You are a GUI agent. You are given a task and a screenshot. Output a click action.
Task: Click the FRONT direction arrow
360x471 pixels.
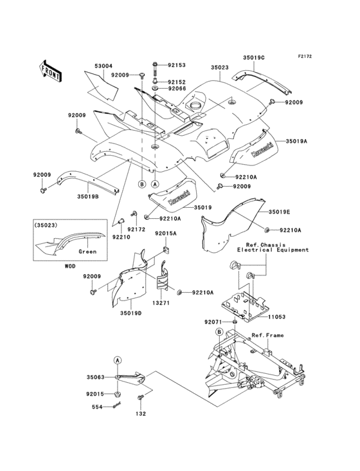(50, 71)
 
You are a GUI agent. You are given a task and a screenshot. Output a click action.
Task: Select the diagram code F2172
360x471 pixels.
(305, 56)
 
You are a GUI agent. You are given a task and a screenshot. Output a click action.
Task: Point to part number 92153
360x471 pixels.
(177, 65)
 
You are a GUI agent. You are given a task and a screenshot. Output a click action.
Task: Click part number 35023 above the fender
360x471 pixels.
(219, 68)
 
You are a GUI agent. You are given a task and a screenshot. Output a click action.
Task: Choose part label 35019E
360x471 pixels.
(279, 212)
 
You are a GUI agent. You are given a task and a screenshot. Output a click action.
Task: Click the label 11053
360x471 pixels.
(276, 317)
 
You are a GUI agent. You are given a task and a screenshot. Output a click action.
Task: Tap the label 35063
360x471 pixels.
(96, 377)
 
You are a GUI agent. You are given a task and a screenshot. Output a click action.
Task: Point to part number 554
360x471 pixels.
(97, 407)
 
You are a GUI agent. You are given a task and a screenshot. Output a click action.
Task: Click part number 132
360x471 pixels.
(140, 414)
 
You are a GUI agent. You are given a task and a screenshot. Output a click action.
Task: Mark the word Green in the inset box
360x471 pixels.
(87, 252)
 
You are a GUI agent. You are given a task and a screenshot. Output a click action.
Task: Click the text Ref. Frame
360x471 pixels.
(267, 335)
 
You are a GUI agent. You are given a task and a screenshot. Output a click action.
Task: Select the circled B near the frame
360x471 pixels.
(220, 332)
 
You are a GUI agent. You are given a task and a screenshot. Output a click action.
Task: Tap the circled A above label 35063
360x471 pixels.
(118, 360)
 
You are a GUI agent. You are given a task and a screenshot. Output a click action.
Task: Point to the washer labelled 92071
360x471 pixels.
(235, 322)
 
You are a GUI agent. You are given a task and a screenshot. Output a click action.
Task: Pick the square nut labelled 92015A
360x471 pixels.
(165, 248)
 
